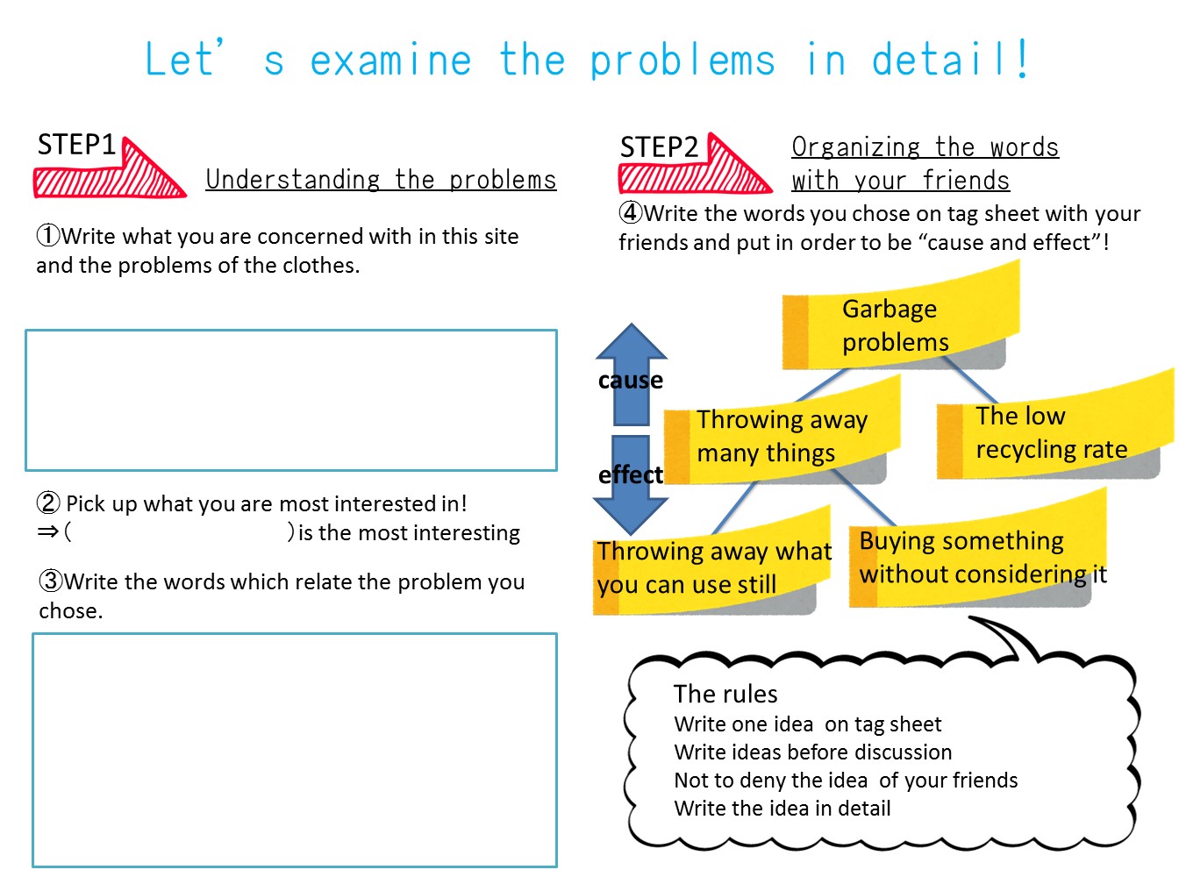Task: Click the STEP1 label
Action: [76, 145]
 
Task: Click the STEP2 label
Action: [659, 147]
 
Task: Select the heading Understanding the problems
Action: [381, 180]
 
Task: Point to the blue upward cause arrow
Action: [631, 368]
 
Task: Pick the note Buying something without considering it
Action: [974, 557]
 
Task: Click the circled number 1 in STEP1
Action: [48, 236]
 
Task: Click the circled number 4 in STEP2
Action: [631, 213]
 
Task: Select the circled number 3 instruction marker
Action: [50, 581]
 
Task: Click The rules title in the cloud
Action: [725, 694]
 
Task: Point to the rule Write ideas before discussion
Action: [812, 752]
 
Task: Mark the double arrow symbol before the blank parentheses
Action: [48, 531]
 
